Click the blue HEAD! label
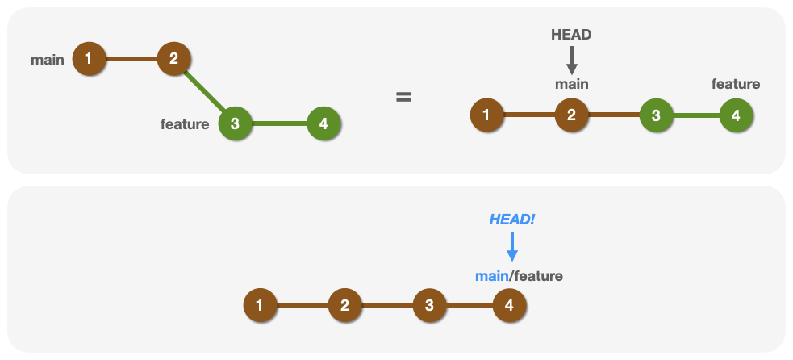pyautogui.click(x=511, y=220)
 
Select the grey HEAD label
pyautogui.click(x=571, y=35)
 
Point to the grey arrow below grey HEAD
pyautogui.click(x=571, y=61)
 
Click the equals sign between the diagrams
pyautogui.click(x=403, y=98)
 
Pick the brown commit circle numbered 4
pyautogui.click(x=509, y=306)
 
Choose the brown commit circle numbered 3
pyautogui.click(x=429, y=306)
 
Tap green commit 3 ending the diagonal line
pyautogui.click(x=235, y=123)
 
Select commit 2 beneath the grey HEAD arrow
pyautogui.click(x=571, y=115)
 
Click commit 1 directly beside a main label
pyautogui.click(x=89, y=58)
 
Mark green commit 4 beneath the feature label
pyautogui.click(x=736, y=115)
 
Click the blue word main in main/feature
pyautogui.click(x=491, y=276)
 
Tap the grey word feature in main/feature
pyautogui.click(x=538, y=276)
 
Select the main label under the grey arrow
pyautogui.click(x=571, y=84)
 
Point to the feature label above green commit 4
pyautogui.click(x=735, y=84)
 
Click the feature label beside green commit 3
pyautogui.click(x=185, y=124)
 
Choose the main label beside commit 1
pyautogui.click(x=48, y=60)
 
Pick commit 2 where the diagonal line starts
pyautogui.click(x=173, y=58)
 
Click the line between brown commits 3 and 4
pyautogui.click(x=469, y=306)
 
